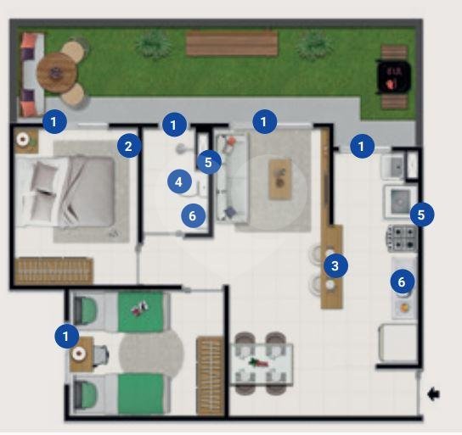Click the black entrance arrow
[433, 393]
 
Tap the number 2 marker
[129, 146]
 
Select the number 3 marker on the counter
[335, 266]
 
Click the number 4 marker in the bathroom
[179, 182]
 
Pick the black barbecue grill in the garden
[394, 77]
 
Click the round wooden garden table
[57, 72]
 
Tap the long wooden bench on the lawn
[232, 43]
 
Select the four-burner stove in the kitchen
[402, 238]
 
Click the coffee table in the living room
[280, 179]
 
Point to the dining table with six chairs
[262, 364]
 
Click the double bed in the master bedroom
[65, 191]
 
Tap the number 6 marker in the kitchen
[403, 282]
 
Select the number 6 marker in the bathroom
[193, 216]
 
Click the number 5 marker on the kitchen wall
[422, 215]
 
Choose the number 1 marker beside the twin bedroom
[66, 336]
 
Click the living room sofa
[232, 178]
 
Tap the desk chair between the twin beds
[101, 355]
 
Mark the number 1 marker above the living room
[264, 121]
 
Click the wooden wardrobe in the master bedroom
[54, 271]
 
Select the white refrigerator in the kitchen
[397, 343]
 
